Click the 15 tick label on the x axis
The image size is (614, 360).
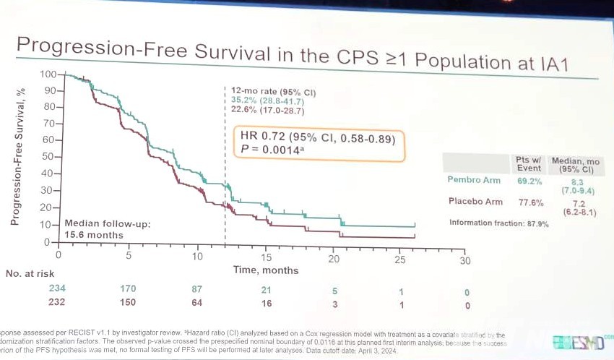(x=266, y=258)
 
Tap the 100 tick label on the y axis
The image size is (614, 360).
(x=48, y=74)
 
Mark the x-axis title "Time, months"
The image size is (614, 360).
(x=265, y=270)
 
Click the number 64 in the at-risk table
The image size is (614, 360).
(x=197, y=304)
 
